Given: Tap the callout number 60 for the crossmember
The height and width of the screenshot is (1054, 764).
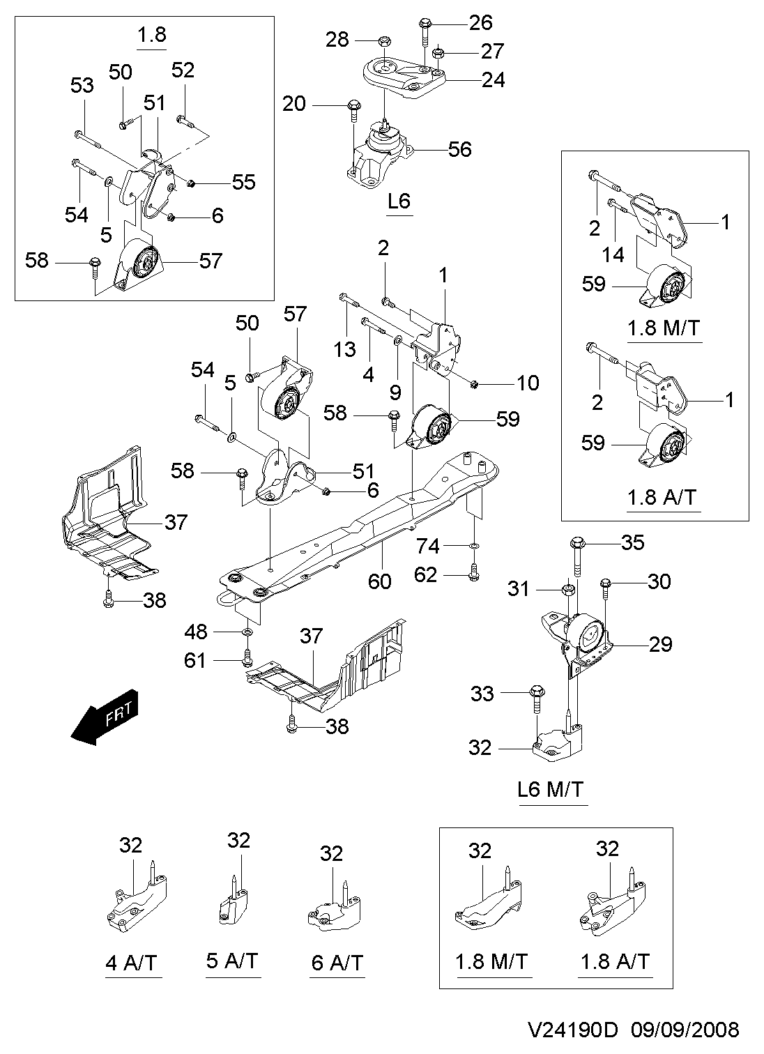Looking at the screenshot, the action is [x=380, y=581].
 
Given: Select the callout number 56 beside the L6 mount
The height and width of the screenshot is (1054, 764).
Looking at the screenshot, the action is [x=459, y=150].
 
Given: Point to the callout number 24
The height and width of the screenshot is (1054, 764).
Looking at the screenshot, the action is [x=493, y=80].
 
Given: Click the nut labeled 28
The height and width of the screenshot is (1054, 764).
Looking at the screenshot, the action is [x=383, y=40].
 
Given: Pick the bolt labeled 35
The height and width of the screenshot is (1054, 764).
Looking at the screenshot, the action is [x=578, y=557].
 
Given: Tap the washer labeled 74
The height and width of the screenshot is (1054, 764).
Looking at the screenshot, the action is [x=474, y=546].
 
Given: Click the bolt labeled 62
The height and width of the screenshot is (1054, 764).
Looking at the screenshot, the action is [x=474, y=572].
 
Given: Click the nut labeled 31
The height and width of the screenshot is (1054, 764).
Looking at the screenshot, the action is [x=568, y=590].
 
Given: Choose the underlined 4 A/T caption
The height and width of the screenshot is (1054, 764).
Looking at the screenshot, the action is [x=131, y=963].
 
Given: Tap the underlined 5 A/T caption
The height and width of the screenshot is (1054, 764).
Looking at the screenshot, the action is [x=232, y=961].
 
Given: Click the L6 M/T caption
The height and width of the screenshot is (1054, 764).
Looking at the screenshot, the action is [x=551, y=789].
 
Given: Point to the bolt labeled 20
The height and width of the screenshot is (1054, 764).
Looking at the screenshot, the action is [x=354, y=111].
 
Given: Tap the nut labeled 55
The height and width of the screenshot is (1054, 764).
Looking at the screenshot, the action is [x=191, y=182].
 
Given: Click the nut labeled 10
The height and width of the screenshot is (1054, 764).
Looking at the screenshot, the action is [x=474, y=384].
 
